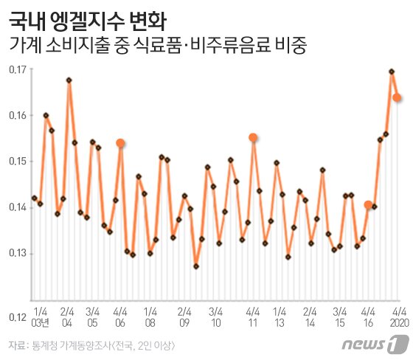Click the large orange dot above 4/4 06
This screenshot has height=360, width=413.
[x=120, y=143]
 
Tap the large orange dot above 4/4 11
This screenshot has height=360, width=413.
[x=253, y=137]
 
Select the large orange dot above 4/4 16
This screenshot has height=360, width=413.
[x=368, y=204]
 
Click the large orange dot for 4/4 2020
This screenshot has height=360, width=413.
[x=397, y=97]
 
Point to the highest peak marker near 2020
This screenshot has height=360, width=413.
[x=391, y=72]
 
